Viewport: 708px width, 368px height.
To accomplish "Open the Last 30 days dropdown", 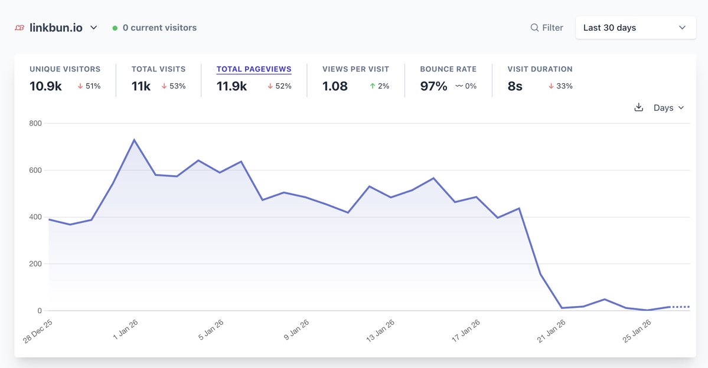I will (634, 28).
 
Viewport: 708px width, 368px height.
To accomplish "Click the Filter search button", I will (547, 28).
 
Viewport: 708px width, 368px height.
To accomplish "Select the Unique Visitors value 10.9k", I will (45, 86).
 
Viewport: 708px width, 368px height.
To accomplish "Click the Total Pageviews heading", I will (254, 69).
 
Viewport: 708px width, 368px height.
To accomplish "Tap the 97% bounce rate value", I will (433, 86).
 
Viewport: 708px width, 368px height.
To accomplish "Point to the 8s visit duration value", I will (515, 86).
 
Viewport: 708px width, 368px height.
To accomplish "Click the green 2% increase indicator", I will (380, 86).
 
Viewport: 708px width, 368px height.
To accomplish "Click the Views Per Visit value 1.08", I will (335, 86).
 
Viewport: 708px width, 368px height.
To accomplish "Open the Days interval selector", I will (668, 108).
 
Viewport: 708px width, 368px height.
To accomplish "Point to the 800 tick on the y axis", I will (36, 123).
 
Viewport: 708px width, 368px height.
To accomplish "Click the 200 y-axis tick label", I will (36, 264).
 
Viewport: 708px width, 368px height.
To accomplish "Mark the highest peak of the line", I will (134, 140).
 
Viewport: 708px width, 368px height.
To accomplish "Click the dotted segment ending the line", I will (680, 307).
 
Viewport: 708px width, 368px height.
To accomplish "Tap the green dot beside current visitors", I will (115, 28).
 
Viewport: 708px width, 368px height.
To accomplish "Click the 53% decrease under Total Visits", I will (174, 86).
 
